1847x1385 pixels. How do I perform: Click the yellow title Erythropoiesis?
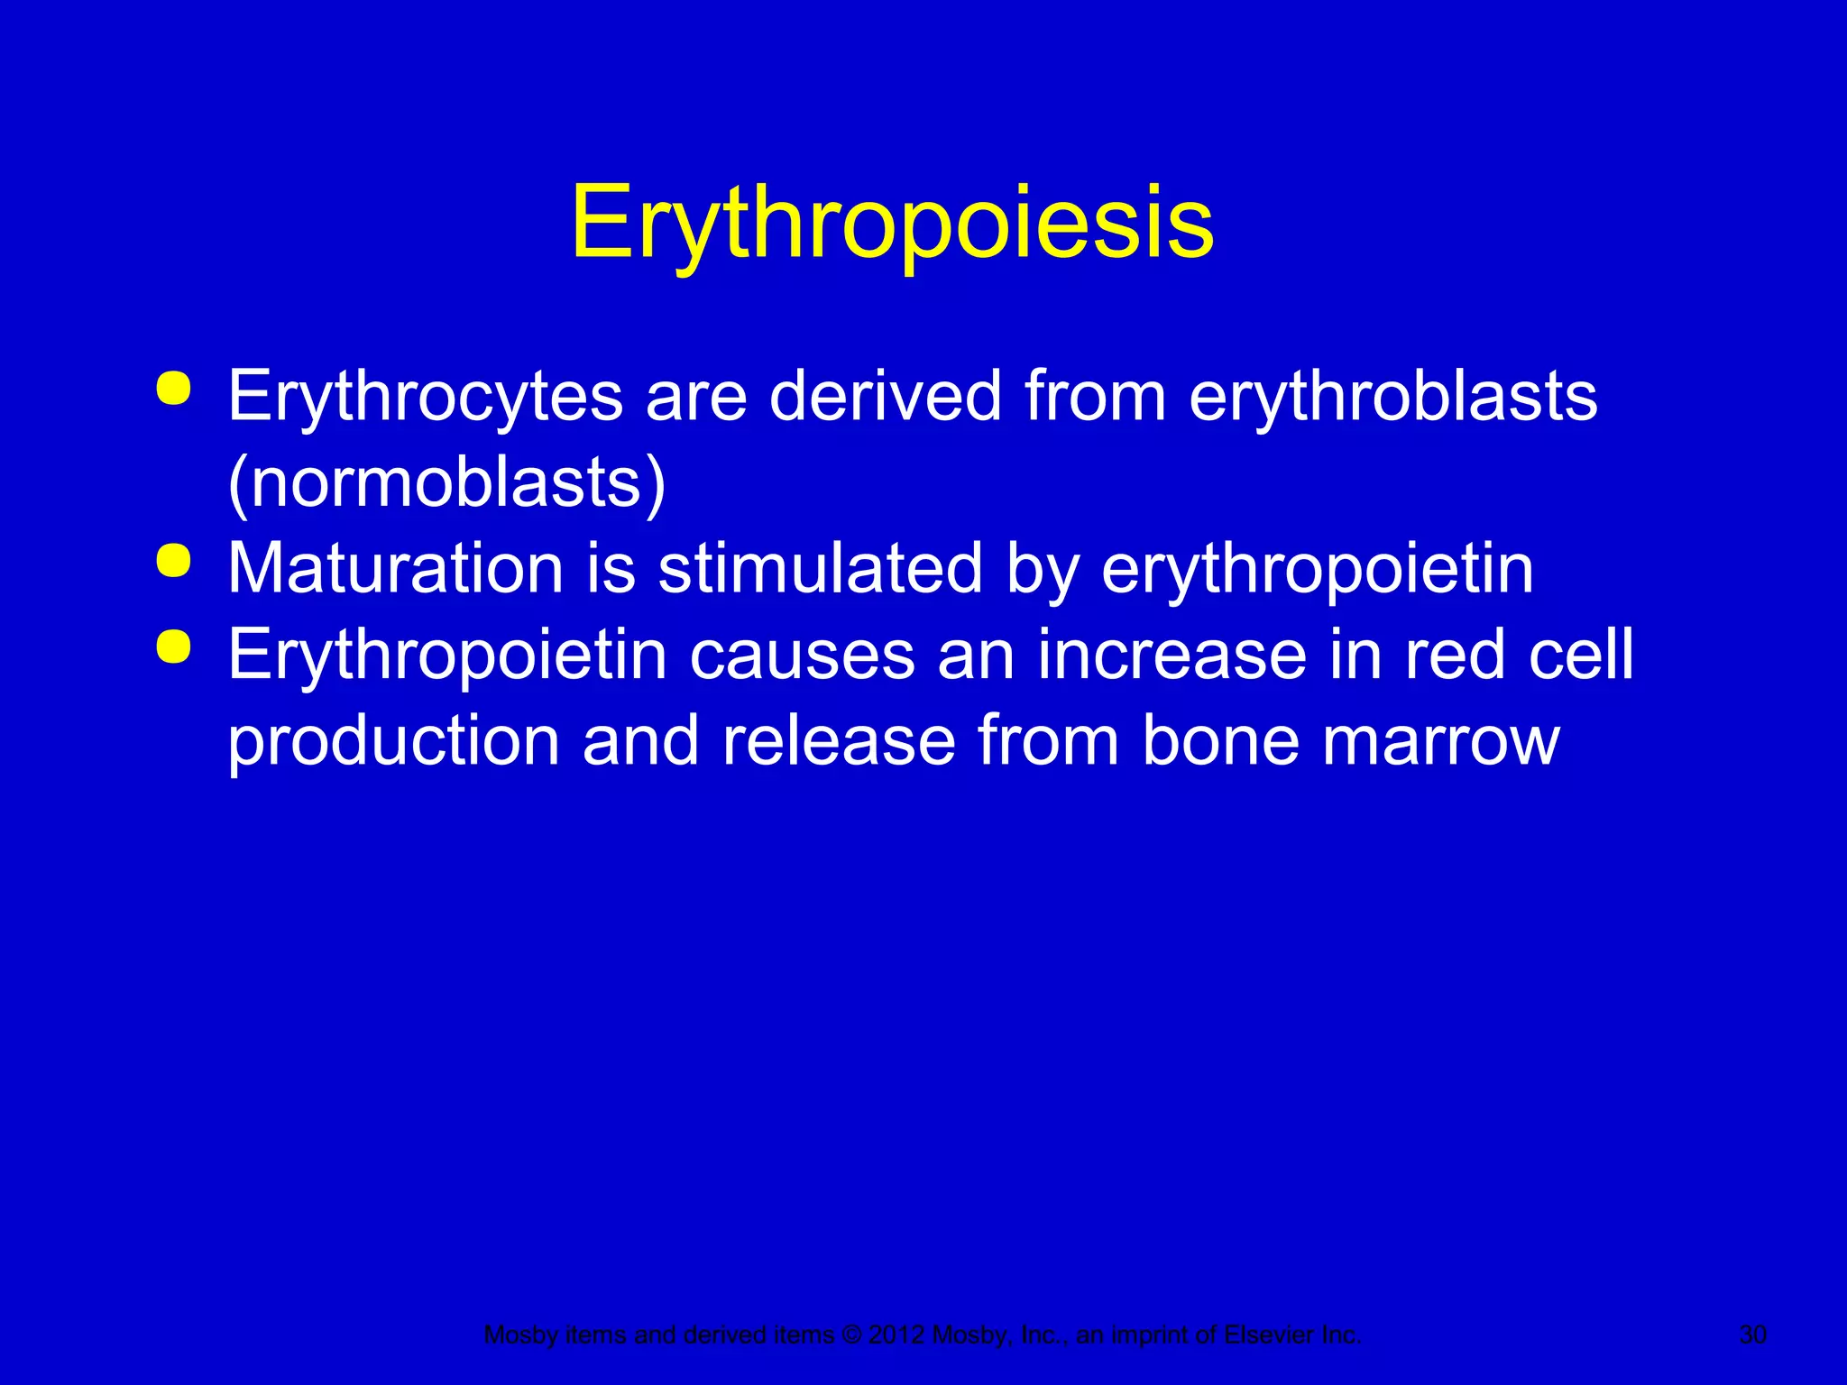click(x=892, y=223)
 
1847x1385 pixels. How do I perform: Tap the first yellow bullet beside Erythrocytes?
click(x=173, y=389)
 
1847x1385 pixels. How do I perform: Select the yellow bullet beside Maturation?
click(x=173, y=561)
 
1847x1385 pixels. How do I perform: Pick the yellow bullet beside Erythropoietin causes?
click(x=173, y=647)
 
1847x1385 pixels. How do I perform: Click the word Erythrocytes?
click(x=425, y=396)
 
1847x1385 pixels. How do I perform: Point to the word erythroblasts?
click(x=1392, y=396)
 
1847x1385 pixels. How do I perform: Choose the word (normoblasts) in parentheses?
click(x=446, y=483)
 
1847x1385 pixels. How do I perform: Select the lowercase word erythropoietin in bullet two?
click(x=1317, y=570)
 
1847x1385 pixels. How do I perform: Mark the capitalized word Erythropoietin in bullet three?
click(x=446, y=655)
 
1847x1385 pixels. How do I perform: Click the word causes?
click(x=802, y=655)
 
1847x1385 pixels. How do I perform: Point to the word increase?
click(x=1172, y=655)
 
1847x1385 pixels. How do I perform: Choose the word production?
click(x=394, y=741)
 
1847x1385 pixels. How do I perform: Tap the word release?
click(x=838, y=741)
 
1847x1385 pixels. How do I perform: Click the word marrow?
click(x=1440, y=741)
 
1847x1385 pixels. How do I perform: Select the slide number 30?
click(x=1752, y=1335)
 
